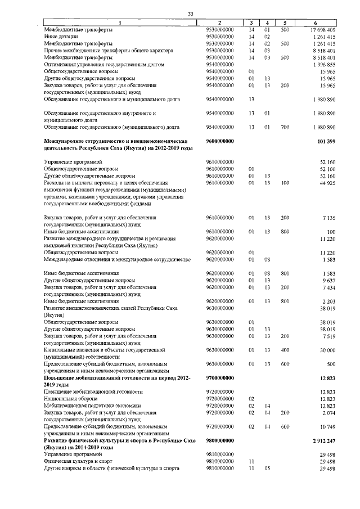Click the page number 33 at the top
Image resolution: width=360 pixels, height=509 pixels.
[x=191, y=13]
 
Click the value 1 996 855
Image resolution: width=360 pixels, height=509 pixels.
[x=325, y=65]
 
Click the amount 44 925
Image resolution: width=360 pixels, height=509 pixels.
[x=327, y=182]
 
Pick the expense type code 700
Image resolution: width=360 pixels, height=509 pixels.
[x=285, y=127]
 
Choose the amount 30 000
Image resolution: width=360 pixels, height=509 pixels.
[x=327, y=350]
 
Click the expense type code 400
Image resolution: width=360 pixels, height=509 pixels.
[x=285, y=350]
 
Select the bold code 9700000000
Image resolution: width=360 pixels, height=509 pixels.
[x=220, y=378]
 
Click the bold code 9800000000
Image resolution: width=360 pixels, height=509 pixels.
[x=220, y=441]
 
